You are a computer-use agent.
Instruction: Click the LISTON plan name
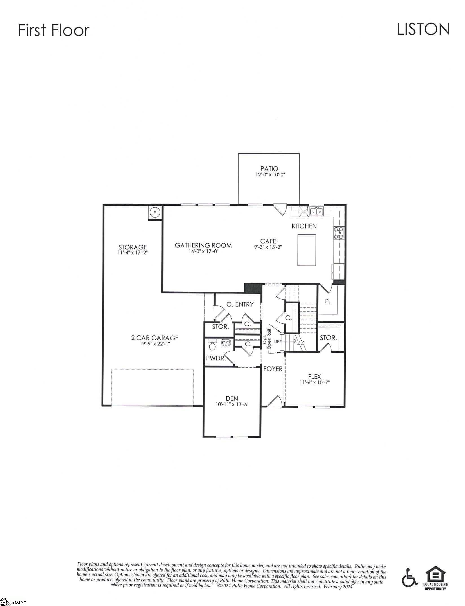423,29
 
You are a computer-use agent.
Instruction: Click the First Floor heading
54,30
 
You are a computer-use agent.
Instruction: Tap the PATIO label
269,169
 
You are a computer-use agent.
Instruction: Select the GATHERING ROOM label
203,245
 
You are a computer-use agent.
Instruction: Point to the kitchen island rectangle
307,250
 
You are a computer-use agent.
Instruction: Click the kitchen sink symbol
317,211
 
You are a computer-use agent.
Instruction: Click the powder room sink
226,343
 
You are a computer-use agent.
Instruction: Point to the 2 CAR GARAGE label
155,338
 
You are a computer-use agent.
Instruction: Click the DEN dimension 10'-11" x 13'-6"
232,404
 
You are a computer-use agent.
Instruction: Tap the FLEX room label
314,377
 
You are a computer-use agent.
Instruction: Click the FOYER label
273,369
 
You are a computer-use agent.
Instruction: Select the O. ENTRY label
240,304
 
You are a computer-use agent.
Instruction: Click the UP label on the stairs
277,341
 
